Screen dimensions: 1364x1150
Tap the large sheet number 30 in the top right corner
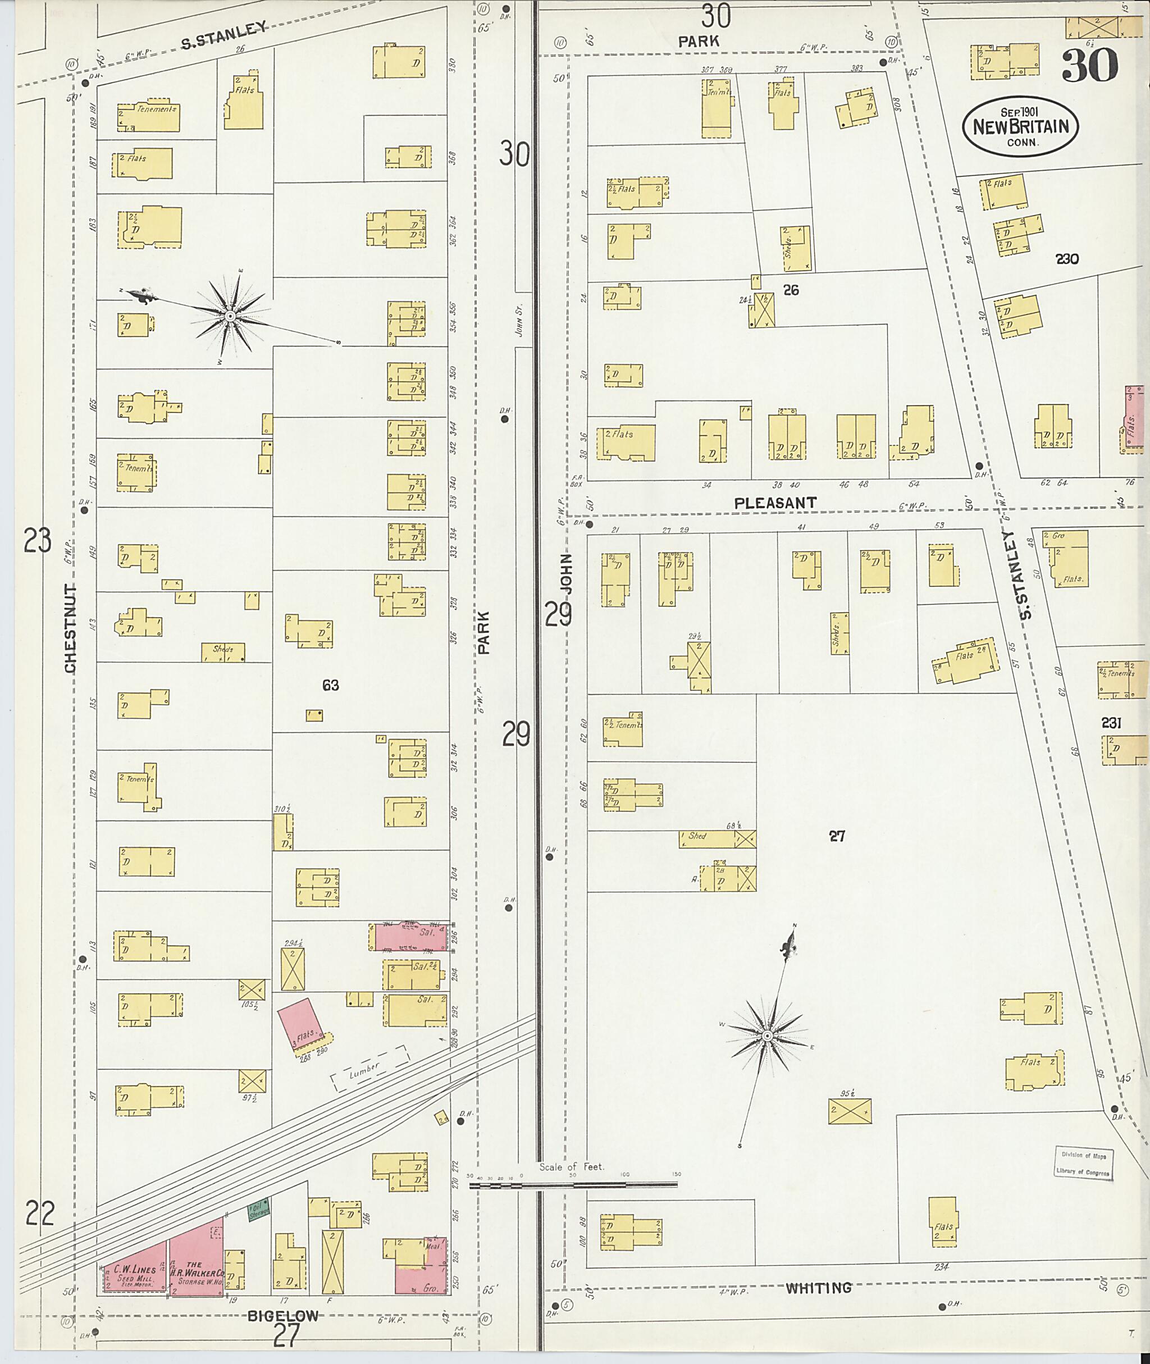(x=1089, y=66)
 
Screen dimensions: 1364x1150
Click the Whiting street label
(x=818, y=1288)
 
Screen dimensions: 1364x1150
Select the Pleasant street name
(x=774, y=503)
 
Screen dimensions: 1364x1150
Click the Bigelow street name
(x=283, y=1316)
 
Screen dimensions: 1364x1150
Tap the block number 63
(x=331, y=685)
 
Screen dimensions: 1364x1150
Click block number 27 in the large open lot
(x=837, y=836)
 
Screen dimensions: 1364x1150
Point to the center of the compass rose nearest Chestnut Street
(x=230, y=316)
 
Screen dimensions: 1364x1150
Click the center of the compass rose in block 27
(x=767, y=1035)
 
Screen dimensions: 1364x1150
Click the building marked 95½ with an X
(x=849, y=1111)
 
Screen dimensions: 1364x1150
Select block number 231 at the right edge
(x=1110, y=722)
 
